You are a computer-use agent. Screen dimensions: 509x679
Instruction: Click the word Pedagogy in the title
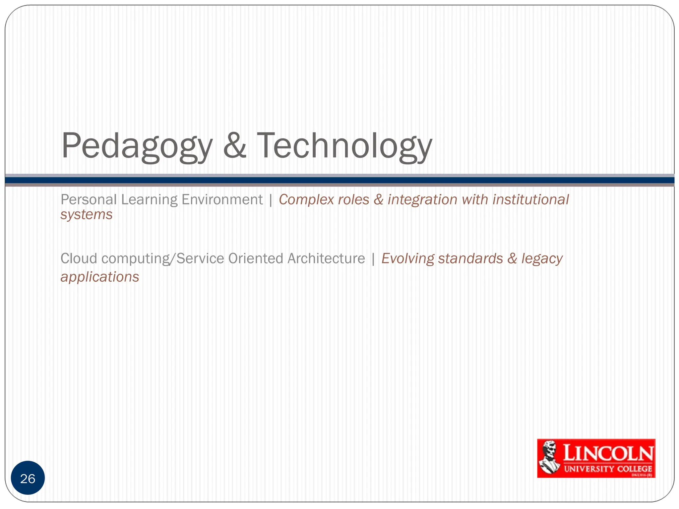[137, 146]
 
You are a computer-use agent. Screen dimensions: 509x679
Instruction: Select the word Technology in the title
[344, 146]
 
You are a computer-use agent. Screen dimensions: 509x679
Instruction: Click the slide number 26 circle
[28, 478]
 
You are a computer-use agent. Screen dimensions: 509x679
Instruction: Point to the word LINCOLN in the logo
[608, 453]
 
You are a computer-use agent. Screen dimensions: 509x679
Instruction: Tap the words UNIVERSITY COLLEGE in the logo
[608, 469]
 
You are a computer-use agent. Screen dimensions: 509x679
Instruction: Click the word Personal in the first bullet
[89, 200]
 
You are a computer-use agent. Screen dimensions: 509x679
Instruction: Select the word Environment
[222, 200]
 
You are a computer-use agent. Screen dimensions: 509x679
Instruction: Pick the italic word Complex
[306, 200]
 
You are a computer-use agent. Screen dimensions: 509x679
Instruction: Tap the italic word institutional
[530, 200]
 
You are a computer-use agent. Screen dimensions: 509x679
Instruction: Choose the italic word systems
[87, 215]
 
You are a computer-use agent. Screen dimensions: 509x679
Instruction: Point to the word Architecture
[326, 258]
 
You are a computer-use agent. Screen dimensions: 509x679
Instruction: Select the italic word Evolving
[407, 258]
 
